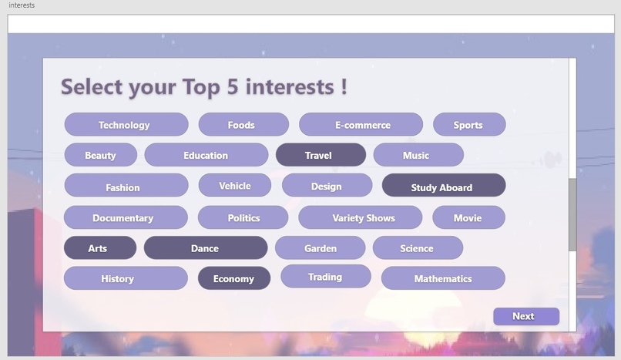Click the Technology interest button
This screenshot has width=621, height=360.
click(x=126, y=125)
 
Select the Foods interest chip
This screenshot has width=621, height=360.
click(x=243, y=125)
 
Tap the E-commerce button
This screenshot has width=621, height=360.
click(x=361, y=125)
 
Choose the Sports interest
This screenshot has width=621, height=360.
click(x=468, y=125)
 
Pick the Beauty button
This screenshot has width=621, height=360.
click(x=100, y=155)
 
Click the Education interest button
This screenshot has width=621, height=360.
click(x=206, y=155)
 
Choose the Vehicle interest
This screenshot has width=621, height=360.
click(x=234, y=185)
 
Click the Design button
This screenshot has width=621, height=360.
click(x=327, y=186)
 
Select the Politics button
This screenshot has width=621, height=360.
click(x=243, y=217)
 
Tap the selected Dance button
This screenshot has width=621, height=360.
click(x=205, y=248)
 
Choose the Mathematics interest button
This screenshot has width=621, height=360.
click(x=443, y=278)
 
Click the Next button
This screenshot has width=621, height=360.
click(x=525, y=316)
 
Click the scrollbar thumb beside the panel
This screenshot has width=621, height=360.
click(x=572, y=215)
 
